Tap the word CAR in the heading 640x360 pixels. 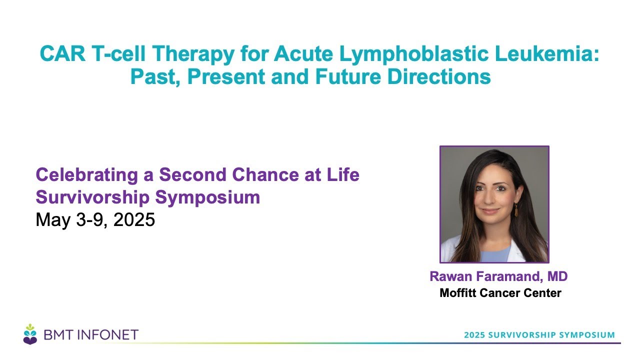pos(62,53)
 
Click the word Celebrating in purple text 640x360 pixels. pos(87,175)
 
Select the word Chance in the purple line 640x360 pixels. pos(265,174)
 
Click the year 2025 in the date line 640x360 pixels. pos(134,219)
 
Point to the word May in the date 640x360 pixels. pos(53,220)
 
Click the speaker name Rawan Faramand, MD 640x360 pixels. pos(498,276)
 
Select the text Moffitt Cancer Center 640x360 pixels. pos(500,293)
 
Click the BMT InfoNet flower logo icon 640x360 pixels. pos(30,334)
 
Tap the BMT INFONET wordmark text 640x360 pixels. pos(91,335)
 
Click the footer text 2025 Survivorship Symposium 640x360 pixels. pos(539,335)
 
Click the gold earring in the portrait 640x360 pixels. pos(516,210)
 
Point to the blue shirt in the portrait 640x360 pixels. pos(495,253)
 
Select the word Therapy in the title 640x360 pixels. pos(193,54)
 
